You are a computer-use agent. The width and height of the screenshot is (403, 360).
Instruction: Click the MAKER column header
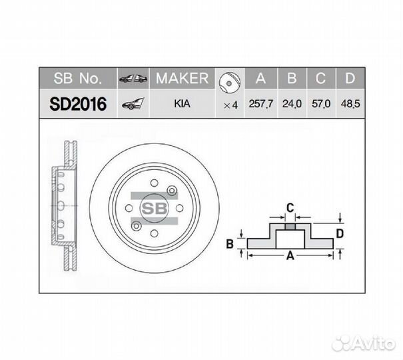pyautogui.click(x=182, y=79)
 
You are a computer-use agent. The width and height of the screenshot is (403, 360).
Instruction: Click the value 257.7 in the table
pyautogui.click(x=261, y=105)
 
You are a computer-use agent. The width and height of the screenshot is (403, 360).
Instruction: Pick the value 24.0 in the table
pyautogui.click(x=291, y=105)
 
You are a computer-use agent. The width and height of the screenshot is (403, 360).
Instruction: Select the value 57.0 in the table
pyautogui.click(x=320, y=105)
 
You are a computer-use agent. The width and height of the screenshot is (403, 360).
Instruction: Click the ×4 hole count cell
pyautogui.click(x=230, y=105)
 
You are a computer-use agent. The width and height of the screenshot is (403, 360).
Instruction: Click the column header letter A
pyautogui.click(x=261, y=79)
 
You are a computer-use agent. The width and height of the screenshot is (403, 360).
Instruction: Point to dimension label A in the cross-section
pyautogui.click(x=290, y=255)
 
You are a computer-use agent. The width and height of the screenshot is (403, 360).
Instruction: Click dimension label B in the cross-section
pyautogui.click(x=230, y=244)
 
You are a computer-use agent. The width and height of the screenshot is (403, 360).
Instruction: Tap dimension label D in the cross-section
pyautogui.click(x=339, y=233)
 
